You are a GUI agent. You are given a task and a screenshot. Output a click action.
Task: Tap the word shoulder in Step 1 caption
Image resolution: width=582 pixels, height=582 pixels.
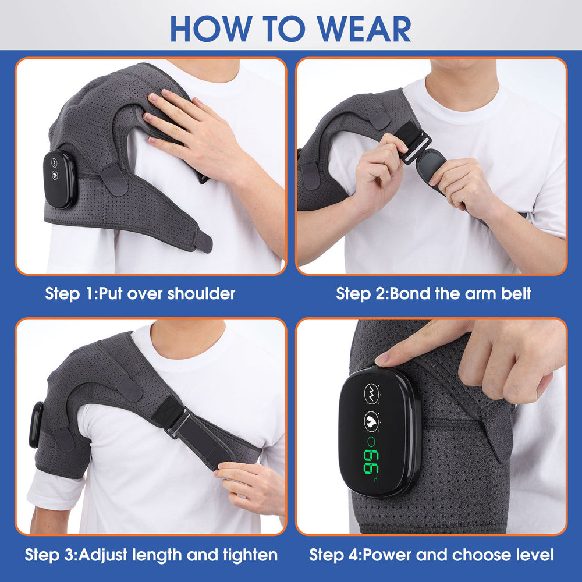(x=201, y=293)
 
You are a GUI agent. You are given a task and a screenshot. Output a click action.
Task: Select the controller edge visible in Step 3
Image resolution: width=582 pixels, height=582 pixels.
(x=37, y=424)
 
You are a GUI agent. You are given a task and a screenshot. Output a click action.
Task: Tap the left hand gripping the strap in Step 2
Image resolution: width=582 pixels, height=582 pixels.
(x=378, y=175)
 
